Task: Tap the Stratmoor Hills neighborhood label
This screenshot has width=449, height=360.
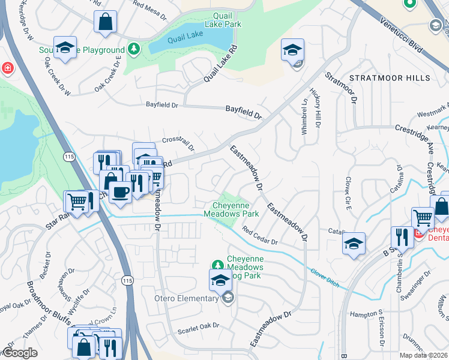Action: [390, 78]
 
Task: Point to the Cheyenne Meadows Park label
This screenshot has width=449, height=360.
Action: [231, 209]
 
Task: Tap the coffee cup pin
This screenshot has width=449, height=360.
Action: [120, 191]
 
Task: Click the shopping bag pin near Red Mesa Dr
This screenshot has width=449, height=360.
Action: [105, 22]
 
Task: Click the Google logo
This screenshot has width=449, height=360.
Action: [20, 353]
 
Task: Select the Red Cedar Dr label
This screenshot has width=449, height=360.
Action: [259, 236]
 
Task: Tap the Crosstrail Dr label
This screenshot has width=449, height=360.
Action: [178, 144]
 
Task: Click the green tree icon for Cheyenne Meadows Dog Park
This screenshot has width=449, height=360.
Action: [217, 264]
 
